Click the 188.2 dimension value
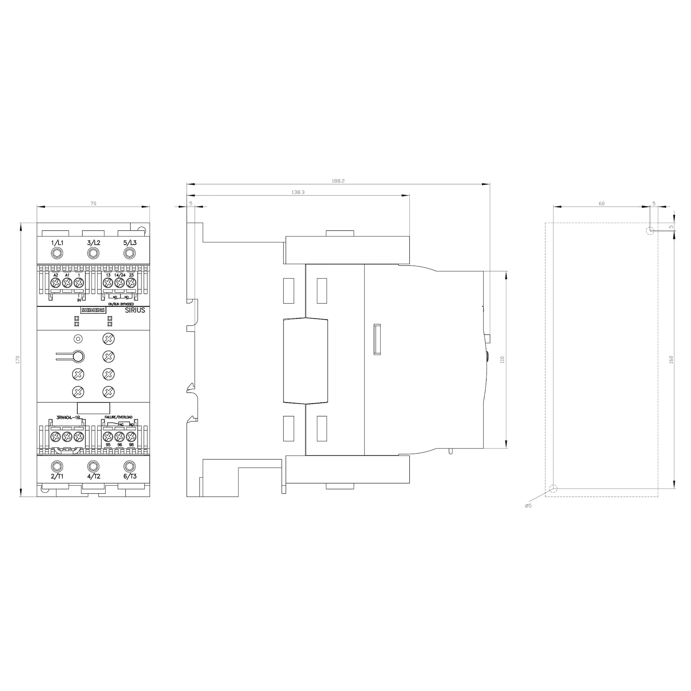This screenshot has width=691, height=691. pyautogui.click(x=338, y=181)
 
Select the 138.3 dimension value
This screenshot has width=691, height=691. pyautogui.click(x=297, y=192)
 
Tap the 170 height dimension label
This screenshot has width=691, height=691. pyautogui.click(x=18, y=359)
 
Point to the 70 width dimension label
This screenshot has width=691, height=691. pyautogui.click(x=93, y=203)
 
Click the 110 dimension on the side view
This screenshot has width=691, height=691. pyautogui.click(x=502, y=359)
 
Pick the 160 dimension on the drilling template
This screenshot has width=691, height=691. pyautogui.click(x=671, y=359)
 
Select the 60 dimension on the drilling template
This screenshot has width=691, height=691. pyautogui.click(x=602, y=203)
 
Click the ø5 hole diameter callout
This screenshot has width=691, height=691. pyautogui.click(x=528, y=506)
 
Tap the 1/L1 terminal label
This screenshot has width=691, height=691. pyautogui.click(x=57, y=243)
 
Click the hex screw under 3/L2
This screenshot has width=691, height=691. pyautogui.click(x=93, y=254)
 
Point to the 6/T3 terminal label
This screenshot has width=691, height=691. pyautogui.click(x=130, y=476)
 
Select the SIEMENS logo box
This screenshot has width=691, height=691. pyautogui.click(x=93, y=310)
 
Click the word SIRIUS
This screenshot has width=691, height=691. pyautogui.click(x=135, y=311)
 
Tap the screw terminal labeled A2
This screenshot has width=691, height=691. pyautogui.click(x=55, y=283)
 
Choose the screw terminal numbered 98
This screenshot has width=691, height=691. pyautogui.click(x=131, y=437)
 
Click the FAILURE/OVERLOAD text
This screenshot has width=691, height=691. pyautogui.click(x=119, y=417)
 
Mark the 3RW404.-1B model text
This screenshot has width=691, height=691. pyautogui.click(x=69, y=417)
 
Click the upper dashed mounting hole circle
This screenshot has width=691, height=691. pyautogui.click(x=650, y=231)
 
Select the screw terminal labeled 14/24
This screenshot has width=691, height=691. pyautogui.click(x=120, y=283)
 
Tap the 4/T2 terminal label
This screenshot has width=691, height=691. pyautogui.click(x=94, y=476)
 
